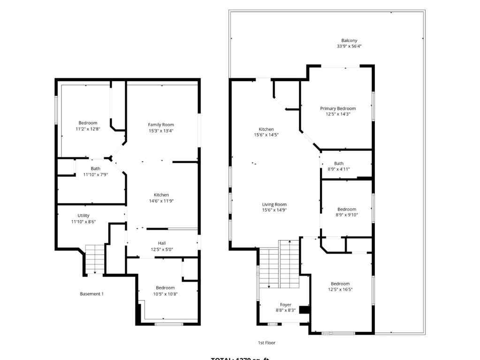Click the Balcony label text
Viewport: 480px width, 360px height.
[x=349, y=41]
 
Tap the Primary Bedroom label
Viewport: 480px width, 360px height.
[x=338, y=108]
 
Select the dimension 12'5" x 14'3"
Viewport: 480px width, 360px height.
[x=338, y=114]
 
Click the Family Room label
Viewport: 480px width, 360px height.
[x=161, y=125]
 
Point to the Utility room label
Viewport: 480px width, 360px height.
[x=84, y=216]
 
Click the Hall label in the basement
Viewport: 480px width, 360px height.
[x=162, y=243]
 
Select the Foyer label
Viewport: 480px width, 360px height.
[x=286, y=305]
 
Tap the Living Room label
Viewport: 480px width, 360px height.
[x=274, y=204]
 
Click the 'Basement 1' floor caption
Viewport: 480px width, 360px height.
[x=91, y=294]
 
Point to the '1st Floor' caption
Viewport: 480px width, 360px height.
[x=267, y=343]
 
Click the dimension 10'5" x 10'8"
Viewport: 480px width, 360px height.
[x=165, y=294]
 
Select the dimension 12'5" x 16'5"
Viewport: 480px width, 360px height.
[x=340, y=290]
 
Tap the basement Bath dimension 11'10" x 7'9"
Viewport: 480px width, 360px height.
[x=95, y=174]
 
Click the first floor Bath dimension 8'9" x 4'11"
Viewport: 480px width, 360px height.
[x=338, y=169]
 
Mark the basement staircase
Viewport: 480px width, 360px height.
[x=95, y=259]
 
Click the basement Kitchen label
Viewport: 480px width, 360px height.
[x=161, y=195]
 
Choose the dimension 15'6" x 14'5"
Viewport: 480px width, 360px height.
[x=266, y=135]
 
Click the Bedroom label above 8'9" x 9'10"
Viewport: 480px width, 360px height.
[x=347, y=209]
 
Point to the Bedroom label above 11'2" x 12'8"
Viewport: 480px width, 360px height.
[x=88, y=123]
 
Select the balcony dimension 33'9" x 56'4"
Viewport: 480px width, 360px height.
[x=349, y=46]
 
